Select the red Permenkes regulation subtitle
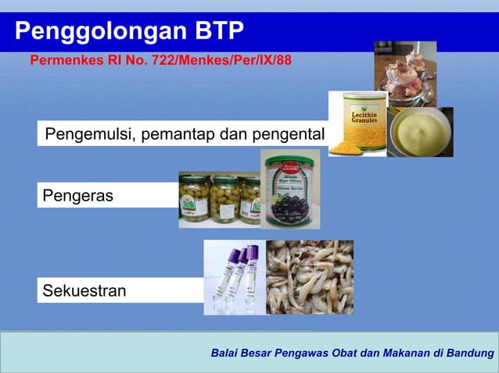160,60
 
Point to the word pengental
285,134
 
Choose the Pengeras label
77,196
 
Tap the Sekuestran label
84,291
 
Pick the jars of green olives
219,200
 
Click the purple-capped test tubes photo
234,277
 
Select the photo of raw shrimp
310,277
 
